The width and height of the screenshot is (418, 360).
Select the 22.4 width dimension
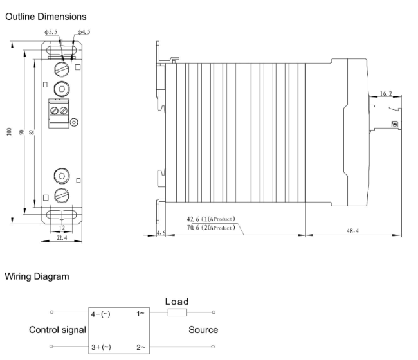(x=60, y=239)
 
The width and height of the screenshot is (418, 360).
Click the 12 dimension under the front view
(x=60, y=228)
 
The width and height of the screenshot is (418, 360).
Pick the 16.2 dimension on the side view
(x=385, y=93)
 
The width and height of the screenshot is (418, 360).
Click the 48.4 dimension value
(x=352, y=229)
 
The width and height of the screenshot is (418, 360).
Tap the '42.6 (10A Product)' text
(x=210, y=219)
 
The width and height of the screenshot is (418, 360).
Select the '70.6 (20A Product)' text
(x=210, y=227)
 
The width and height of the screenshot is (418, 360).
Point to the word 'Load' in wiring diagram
(x=177, y=301)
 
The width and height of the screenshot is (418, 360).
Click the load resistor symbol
(x=177, y=313)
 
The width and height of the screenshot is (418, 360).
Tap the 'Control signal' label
(x=57, y=330)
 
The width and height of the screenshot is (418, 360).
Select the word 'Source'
(x=203, y=330)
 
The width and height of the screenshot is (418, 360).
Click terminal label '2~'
(x=141, y=346)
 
